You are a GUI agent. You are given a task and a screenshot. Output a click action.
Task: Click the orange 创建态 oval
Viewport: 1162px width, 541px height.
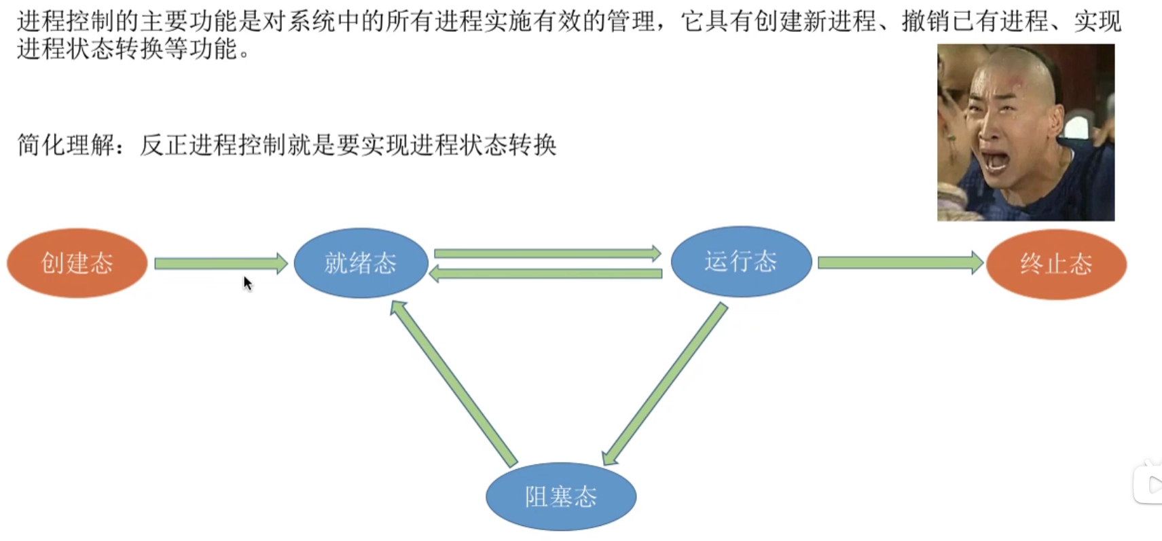[x=77, y=263]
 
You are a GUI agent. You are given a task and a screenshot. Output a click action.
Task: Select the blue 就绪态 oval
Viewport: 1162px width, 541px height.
[x=361, y=263]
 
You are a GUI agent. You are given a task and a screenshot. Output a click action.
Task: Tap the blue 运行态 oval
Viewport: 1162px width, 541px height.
[x=741, y=261]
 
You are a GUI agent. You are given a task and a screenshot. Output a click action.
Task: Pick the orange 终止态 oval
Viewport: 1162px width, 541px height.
[x=1056, y=263]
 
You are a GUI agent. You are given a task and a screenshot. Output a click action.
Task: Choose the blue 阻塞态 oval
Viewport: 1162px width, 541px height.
[x=561, y=496]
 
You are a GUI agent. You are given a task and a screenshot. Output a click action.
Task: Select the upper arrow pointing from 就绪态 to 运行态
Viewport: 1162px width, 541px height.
[x=547, y=253]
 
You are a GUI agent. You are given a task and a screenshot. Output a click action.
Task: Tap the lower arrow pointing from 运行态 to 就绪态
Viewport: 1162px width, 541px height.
[x=547, y=274]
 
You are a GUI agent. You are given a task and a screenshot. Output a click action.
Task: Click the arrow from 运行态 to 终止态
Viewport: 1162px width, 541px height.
[x=900, y=263]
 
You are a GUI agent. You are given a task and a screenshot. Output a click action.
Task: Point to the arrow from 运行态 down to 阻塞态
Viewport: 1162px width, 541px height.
[x=666, y=384]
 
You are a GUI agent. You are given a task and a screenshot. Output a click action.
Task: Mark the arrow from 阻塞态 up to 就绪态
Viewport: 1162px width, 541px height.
[x=453, y=384]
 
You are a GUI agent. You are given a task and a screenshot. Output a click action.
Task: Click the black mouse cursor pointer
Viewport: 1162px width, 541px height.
[x=247, y=283]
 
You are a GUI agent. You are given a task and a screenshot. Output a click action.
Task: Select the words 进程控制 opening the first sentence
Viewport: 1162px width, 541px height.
[x=66, y=22]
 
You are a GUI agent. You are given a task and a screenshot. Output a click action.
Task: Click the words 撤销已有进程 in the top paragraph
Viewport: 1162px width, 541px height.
[x=975, y=22]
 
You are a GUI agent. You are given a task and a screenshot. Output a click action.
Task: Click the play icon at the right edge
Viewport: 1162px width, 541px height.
[x=1152, y=485]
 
